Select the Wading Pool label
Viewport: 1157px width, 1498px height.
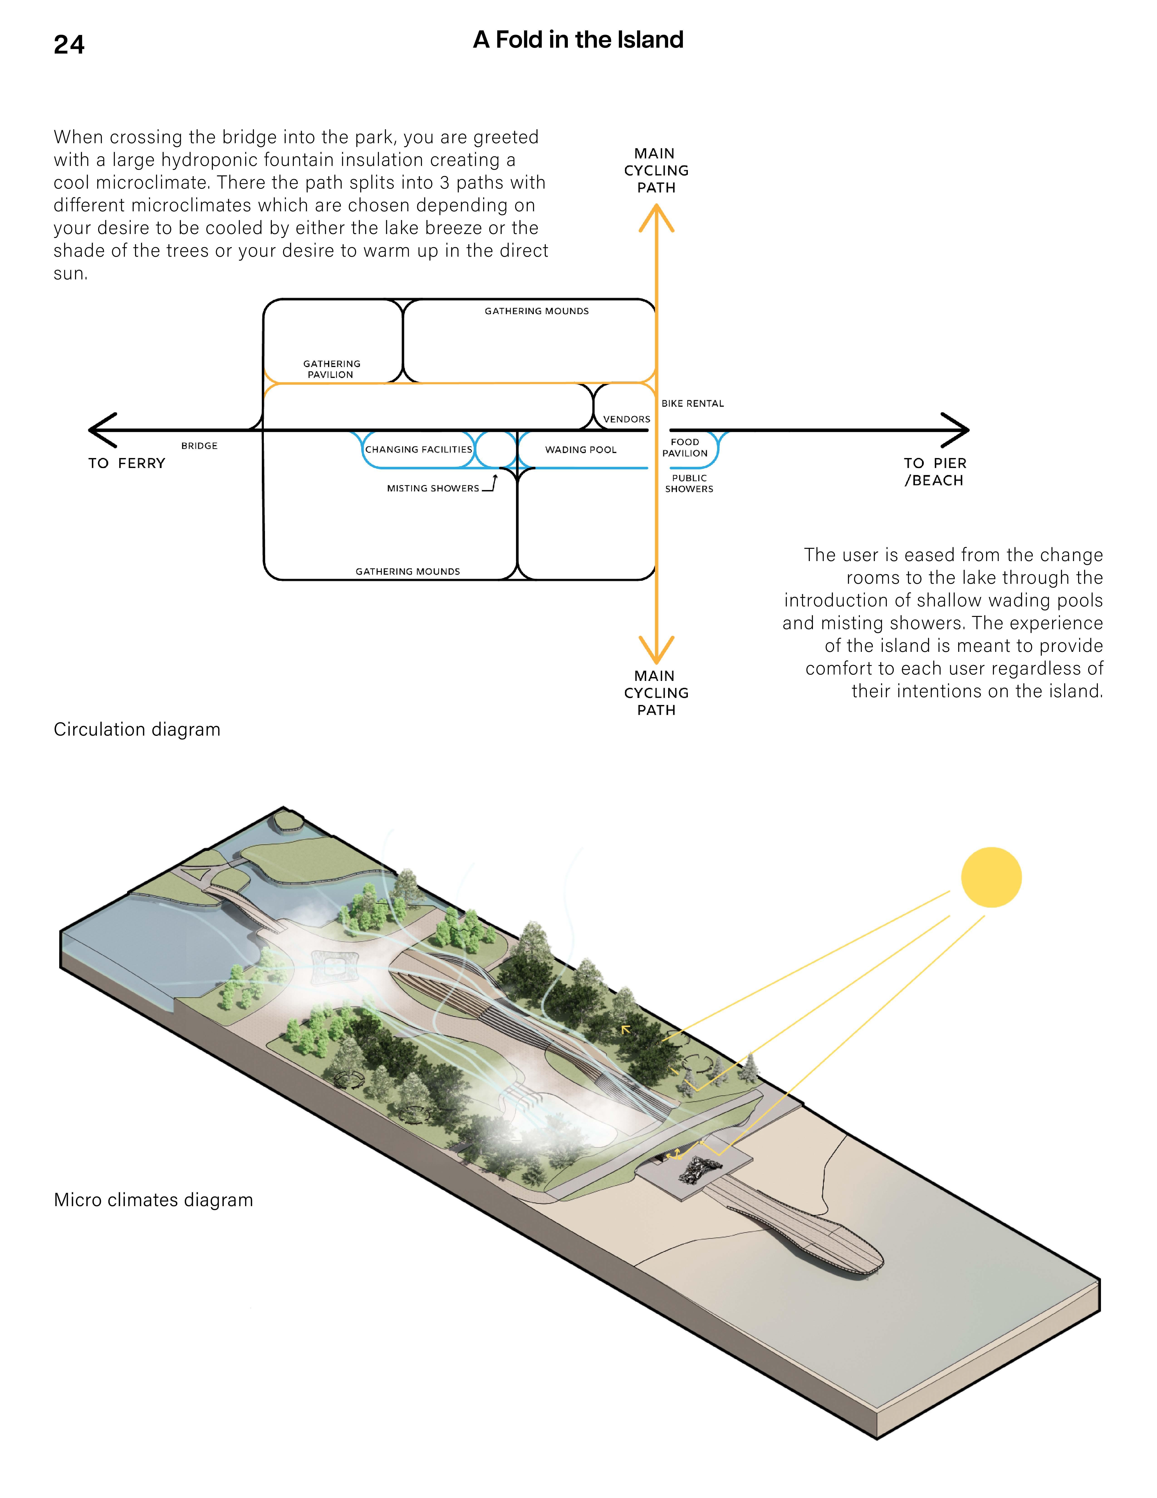coord(581,450)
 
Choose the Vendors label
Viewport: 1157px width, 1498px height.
coord(626,419)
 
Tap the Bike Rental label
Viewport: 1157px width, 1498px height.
coord(692,403)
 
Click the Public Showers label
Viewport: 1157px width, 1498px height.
coord(689,483)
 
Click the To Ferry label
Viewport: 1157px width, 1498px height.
coord(127,464)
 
